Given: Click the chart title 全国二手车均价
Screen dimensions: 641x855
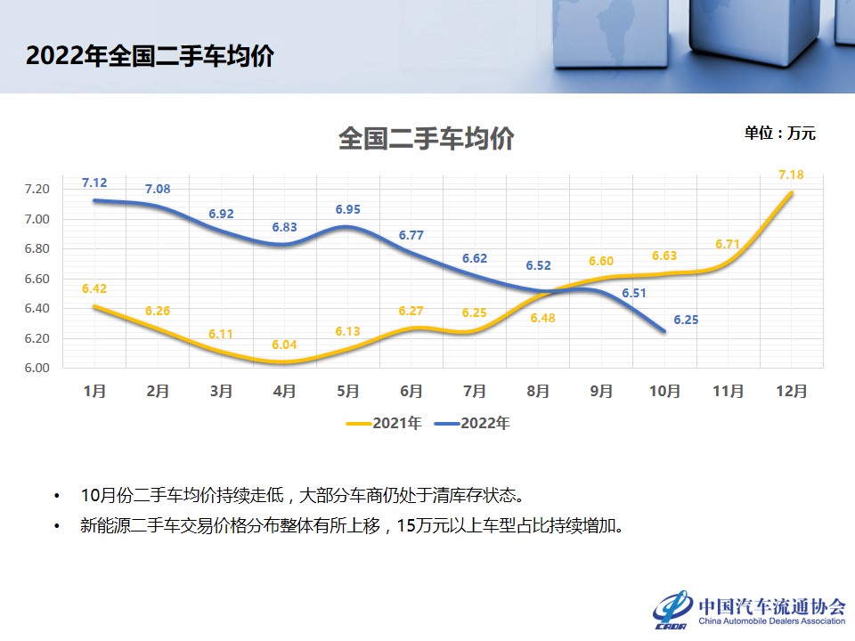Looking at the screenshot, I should [427, 139].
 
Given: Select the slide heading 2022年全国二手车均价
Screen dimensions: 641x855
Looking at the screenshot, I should [150, 56].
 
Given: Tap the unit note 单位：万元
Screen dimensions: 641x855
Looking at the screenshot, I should [780, 134].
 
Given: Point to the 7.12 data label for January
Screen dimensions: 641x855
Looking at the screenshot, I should [94, 183].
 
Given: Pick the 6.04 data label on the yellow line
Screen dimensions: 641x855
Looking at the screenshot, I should [284, 345].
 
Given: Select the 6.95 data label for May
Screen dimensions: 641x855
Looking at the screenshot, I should [348, 209].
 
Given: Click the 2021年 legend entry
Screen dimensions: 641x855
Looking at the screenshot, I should [384, 424].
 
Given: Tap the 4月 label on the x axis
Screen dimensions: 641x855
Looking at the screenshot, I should [285, 391].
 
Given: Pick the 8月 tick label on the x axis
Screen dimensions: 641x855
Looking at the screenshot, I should [538, 391].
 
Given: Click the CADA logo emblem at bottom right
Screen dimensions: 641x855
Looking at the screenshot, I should [672, 608].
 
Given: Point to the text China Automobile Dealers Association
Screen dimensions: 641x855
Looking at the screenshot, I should [771, 621].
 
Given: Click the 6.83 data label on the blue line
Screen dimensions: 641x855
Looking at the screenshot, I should [284, 228].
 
